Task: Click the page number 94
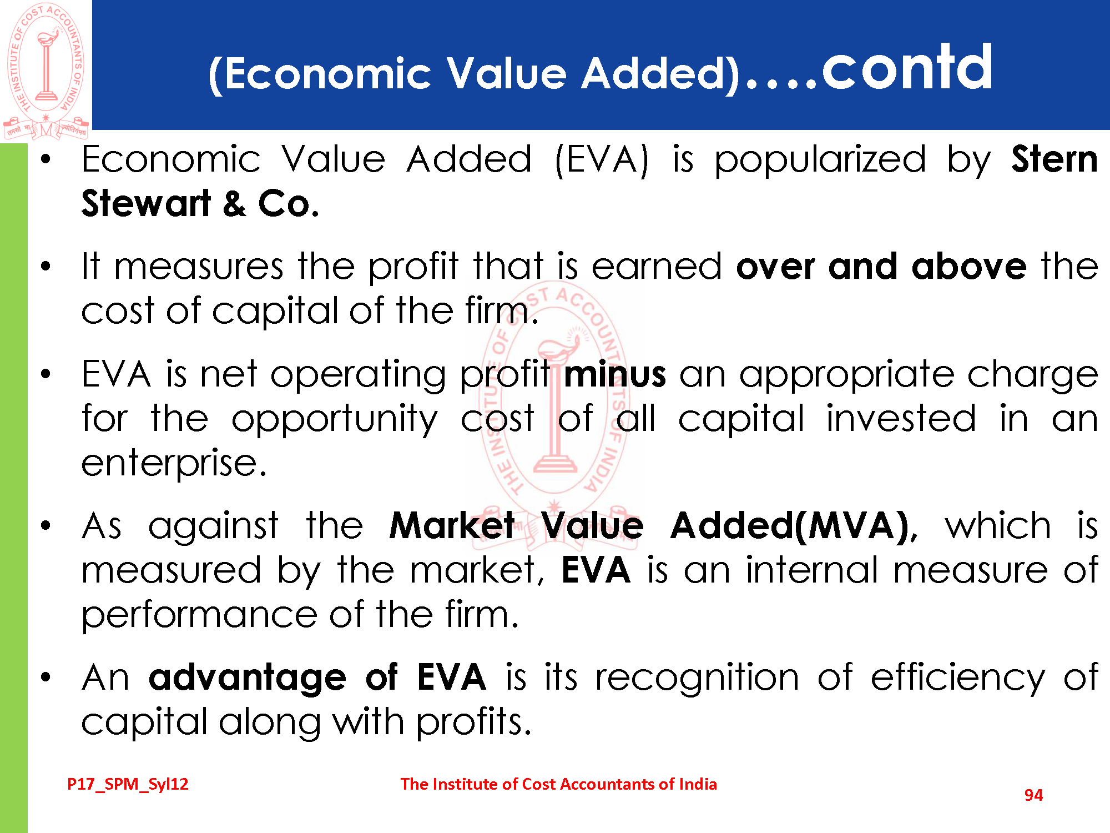pyautogui.click(x=1033, y=795)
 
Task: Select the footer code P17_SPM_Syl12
pyautogui.click(x=128, y=784)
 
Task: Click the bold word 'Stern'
pyautogui.click(x=1054, y=159)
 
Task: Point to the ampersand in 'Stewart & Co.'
pyautogui.click(x=234, y=203)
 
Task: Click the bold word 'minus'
pyautogui.click(x=614, y=374)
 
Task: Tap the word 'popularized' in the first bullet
pyautogui.click(x=820, y=161)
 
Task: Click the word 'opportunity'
pyautogui.click(x=335, y=420)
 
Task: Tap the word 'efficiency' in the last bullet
pyautogui.click(x=957, y=678)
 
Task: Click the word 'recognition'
pyautogui.click(x=697, y=678)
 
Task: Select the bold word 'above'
pyautogui.click(x=969, y=266)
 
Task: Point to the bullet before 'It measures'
pyautogui.click(x=46, y=266)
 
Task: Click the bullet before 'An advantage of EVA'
pyautogui.click(x=46, y=678)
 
